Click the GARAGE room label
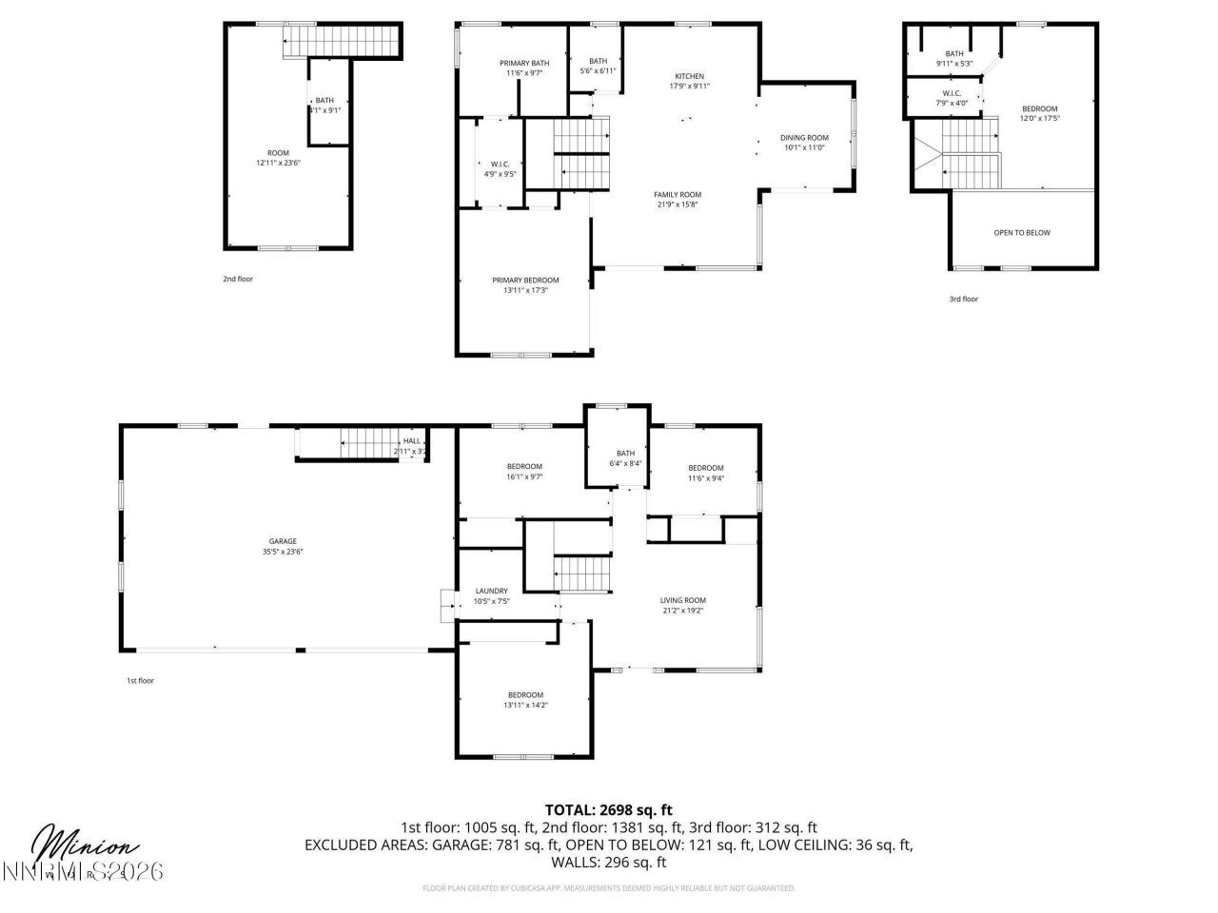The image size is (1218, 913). pyautogui.click(x=283, y=541)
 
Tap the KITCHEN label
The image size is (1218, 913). pyautogui.click(x=690, y=76)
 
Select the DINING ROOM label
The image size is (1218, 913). pyautogui.click(x=804, y=137)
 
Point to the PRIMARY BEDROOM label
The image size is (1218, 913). pyautogui.click(x=525, y=280)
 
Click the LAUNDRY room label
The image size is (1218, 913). pyautogui.click(x=491, y=591)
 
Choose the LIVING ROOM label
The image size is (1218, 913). pyautogui.click(x=683, y=600)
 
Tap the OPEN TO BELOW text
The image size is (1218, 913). pyautogui.click(x=1022, y=232)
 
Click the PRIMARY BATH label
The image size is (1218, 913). pyautogui.click(x=524, y=63)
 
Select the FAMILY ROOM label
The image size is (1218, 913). pyautogui.click(x=678, y=194)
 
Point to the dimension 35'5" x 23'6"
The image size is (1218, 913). pyautogui.click(x=283, y=552)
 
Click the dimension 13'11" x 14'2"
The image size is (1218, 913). pyautogui.click(x=525, y=705)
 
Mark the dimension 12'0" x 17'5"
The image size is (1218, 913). pyautogui.click(x=1039, y=119)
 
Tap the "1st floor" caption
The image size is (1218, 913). pyautogui.click(x=140, y=681)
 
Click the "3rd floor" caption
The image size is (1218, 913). pyautogui.click(x=963, y=299)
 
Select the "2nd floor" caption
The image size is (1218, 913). pyautogui.click(x=238, y=279)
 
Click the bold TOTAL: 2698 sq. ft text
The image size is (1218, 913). pyautogui.click(x=609, y=810)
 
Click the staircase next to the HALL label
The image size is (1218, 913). pyautogui.click(x=365, y=443)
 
